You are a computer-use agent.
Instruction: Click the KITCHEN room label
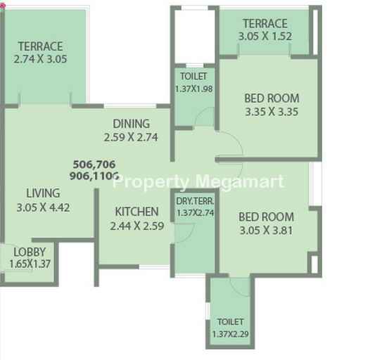136,212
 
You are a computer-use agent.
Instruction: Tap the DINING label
131,124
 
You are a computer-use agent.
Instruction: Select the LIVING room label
43,193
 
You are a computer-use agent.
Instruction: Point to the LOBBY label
30,252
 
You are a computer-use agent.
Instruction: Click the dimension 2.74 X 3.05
40,59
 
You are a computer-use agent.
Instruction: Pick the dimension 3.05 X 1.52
265,37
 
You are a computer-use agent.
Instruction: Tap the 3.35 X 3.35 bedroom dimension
272,112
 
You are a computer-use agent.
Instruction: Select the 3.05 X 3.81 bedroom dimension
267,231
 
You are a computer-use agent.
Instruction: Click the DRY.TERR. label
195,201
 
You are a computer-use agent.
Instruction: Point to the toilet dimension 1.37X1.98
194,89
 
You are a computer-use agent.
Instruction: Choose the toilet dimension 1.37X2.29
231,334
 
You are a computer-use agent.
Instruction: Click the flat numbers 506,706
94,165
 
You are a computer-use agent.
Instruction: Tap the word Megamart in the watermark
240,182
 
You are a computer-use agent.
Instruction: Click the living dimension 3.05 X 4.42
44,207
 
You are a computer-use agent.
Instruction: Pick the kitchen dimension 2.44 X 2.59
137,226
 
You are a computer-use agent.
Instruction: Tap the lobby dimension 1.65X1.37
30,264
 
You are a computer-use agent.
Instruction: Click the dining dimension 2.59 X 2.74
131,137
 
